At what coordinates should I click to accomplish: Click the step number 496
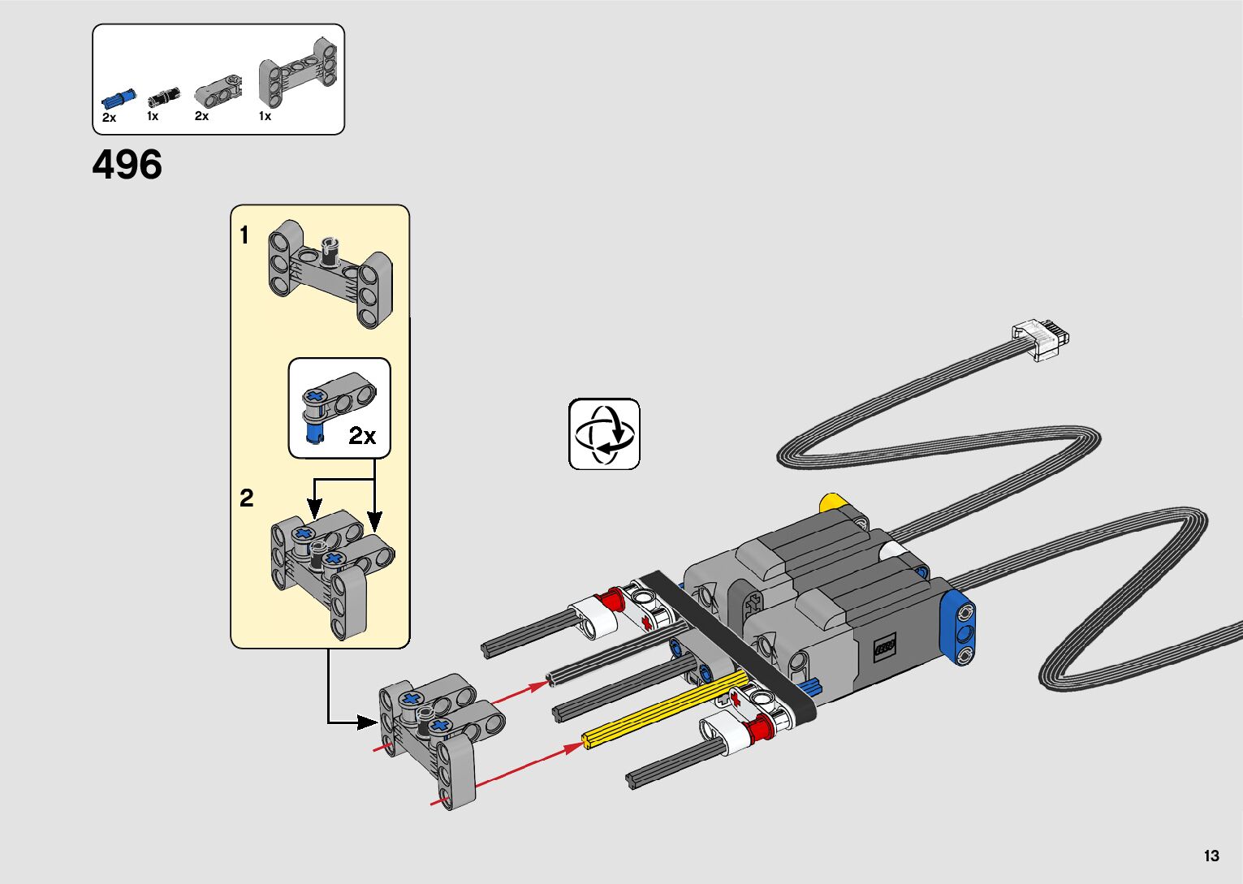pyautogui.click(x=127, y=165)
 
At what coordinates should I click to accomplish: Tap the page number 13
pyautogui.click(x=1211, y=856)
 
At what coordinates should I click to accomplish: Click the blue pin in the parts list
pyautogui.click(x=119, y=99)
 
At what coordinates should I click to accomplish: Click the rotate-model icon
pyautogui.click(x=604, y=433)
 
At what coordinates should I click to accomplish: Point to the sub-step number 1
pyautogui.click(x=244, y=235)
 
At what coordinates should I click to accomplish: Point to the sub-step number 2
pyautogui.click(x=247, y=498)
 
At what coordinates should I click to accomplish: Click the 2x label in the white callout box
pyautogui.click(x=363, y=436)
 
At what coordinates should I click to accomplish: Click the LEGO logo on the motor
pyautogui.click(x=885, y=647)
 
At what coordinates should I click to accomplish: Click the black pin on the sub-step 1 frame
pyautogui.click(x=330, y=250)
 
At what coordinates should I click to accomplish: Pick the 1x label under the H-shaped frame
pyautogui.click(x=265, y=116)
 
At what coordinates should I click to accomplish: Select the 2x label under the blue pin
pyautogui.click(x=110, y=118)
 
